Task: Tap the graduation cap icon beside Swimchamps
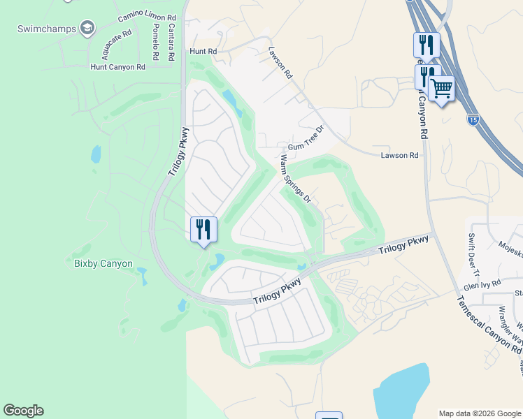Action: pos(87,28)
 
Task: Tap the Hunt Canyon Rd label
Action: pos(117,67)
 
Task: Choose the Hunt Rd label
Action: pos(203,52)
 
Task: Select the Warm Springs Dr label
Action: pos(295,179)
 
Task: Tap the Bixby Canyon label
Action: pos(103,264)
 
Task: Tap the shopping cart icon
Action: pos(441,89)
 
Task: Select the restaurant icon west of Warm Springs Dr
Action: pos(203,229)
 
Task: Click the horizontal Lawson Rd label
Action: pos(399,156)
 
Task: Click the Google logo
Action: pos(23,411)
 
